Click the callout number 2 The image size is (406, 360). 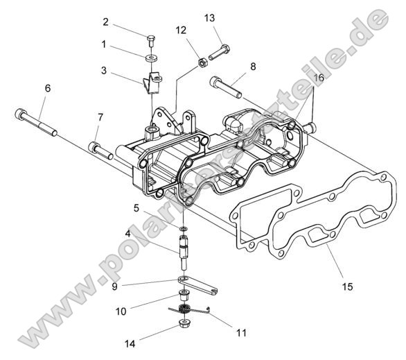[105, 22]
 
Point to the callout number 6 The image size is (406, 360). [48, 88]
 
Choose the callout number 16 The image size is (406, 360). [319, 77]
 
